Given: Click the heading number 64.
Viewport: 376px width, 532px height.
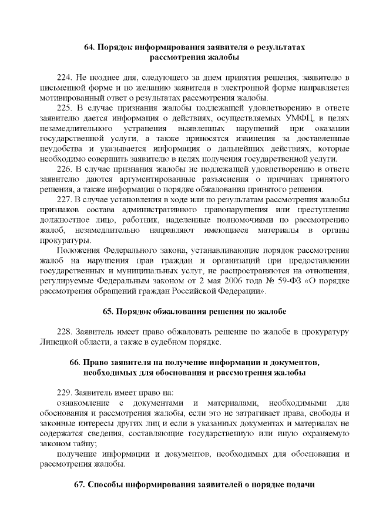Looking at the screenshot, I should [92, 46].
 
